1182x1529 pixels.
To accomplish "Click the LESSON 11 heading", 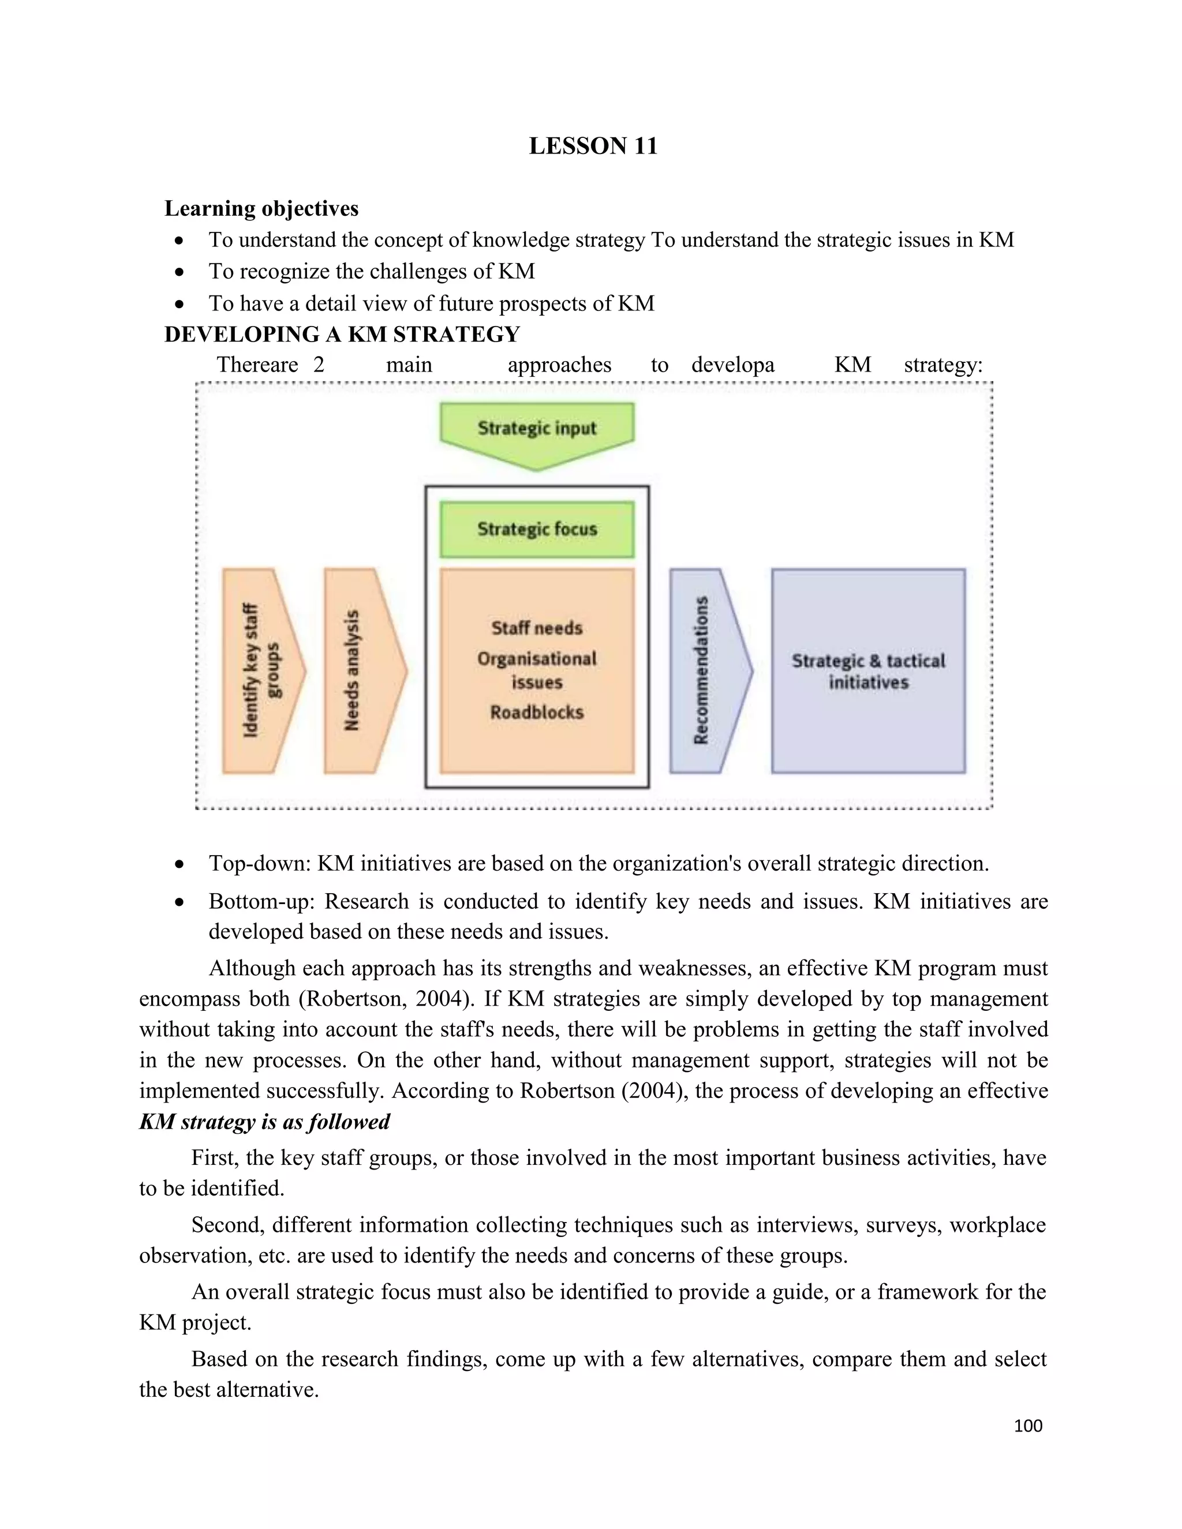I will (x=592, y=145).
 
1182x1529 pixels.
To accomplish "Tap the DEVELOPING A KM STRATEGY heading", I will (x=342, y=334).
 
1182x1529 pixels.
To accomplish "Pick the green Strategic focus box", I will (x=537, y=529).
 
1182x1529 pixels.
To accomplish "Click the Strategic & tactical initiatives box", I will (x=867, y=670).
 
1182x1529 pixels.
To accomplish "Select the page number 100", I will (x=1027, y=1425).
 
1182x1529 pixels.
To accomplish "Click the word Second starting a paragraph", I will (x=226, y=1224).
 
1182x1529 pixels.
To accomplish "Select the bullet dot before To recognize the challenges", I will (x=180, y=272).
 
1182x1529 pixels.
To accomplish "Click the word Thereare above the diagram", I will (x=257, y=364).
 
